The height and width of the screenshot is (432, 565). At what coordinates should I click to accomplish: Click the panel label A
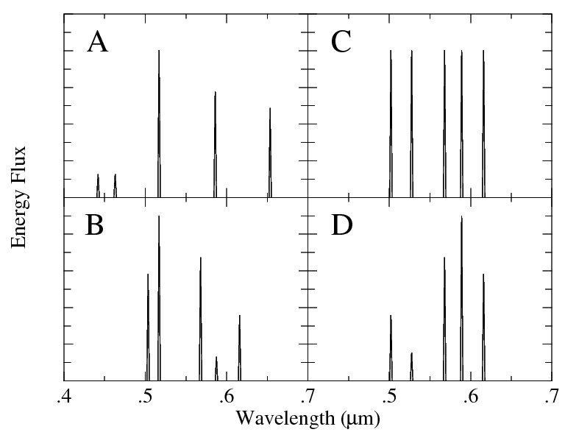[98, 43]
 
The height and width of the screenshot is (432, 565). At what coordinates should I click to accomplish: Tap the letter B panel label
[94, 226]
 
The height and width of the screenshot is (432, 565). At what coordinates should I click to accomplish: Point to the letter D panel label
[342, 226]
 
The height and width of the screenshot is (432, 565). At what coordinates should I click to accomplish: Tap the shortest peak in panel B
[216, 369]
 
